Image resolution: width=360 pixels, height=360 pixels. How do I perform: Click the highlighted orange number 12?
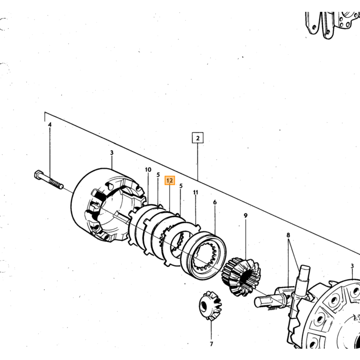[x=170, y=181]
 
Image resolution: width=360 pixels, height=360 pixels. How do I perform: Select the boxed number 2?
[x=197, y=138]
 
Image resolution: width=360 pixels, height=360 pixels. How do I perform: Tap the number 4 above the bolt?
[x=50, y=124]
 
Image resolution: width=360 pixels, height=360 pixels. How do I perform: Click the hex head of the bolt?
[x=39, y=175]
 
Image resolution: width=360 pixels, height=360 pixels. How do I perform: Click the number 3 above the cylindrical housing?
[x=112, y=153]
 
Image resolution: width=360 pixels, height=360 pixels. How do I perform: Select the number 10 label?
[x=148, y=170]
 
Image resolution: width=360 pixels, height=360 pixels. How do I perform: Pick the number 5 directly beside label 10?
[x=158, y=175]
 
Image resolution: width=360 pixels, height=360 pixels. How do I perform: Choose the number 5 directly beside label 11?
[x=181, y=186]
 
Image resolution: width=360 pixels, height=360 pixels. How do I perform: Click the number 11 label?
[x=195, y=192]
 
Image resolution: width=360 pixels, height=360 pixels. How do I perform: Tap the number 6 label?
[x=215, y=202]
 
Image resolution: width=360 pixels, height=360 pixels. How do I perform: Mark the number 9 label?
[x=246, y=216]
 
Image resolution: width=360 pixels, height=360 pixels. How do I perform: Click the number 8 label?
[x=289, y=235]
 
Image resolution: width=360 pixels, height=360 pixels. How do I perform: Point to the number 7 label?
[x=211, y=344]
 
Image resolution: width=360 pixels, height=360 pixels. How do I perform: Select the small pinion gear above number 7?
[x=210, y=306]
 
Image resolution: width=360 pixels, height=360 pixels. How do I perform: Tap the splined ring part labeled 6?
[x=204, y=255]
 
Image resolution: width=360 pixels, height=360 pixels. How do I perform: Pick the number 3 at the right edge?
[x=352, y=266]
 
